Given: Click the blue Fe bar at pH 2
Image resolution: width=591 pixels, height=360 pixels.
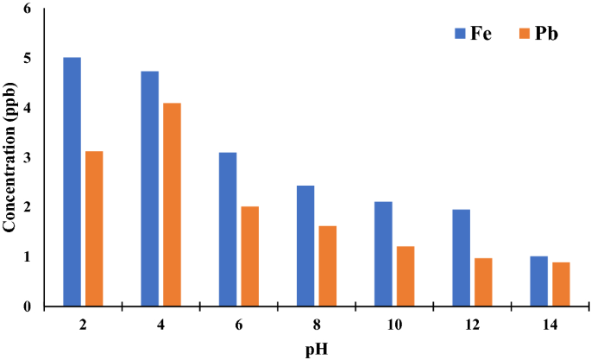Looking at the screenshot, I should click(x=72, y=181).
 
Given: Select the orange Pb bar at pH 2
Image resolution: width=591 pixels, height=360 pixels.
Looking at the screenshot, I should click(x=94, y=229).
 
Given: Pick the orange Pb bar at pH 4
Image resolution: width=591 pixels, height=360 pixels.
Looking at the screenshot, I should click(x=172, y=205).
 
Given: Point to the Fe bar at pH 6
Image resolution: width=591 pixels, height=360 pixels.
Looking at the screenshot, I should click(x=228, y=229).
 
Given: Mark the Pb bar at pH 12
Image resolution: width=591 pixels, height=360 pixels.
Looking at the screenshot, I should click(x=483, y=282).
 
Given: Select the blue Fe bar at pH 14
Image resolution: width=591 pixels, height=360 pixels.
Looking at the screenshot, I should click(x=538, y=281).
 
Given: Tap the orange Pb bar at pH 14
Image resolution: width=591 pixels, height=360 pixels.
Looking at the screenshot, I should click(x=561, y=284).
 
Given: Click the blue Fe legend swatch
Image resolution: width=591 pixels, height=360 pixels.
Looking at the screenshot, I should click(x=460, y=35).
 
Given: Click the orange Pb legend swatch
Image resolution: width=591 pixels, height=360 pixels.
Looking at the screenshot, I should click(x=524, y=35).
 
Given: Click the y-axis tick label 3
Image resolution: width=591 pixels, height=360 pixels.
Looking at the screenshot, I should click(x=27, y=158).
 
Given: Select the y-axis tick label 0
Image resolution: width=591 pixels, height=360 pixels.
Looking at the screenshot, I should click(x=27, y=306).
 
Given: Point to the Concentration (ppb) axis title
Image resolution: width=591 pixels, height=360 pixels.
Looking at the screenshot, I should click(x=10, y=157).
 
